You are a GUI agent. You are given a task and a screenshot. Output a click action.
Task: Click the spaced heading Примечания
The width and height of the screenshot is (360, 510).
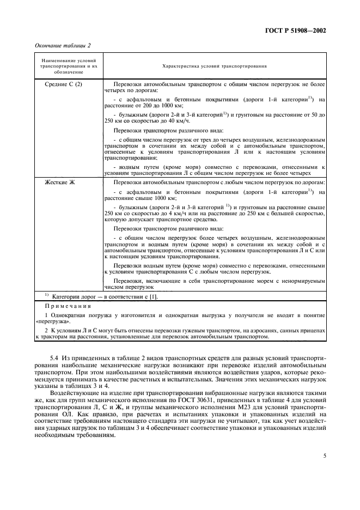[x=69, y=306]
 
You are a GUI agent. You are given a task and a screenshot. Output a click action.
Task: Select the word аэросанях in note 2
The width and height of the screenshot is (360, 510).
[x=240, y=330]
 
